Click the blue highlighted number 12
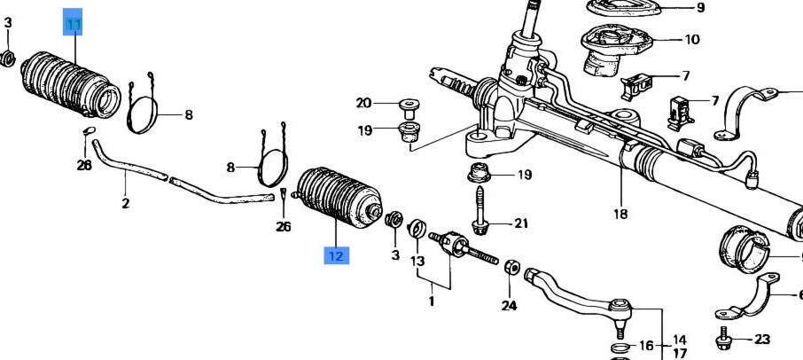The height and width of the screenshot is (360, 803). click(337, 255)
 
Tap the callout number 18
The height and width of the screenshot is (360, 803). click(620, 213)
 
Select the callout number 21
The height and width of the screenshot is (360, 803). click(521, 223)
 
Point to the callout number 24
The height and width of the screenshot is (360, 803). click(509, 306)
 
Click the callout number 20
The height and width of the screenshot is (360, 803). click(363, 104)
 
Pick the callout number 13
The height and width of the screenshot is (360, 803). click(417, 262)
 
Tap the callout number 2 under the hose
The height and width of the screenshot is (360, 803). click(126, 203)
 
